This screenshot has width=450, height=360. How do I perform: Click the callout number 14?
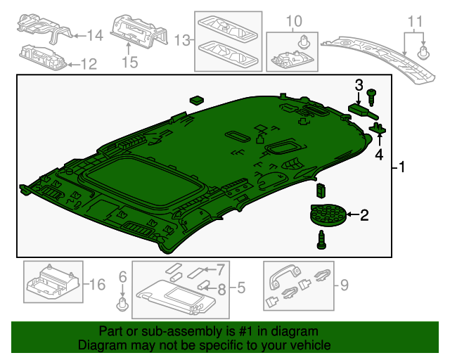(x=95, y=34)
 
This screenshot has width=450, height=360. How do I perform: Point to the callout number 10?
(x=294, y=20)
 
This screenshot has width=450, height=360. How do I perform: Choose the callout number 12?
(x=88, y=65)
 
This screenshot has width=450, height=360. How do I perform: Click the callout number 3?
(x=359, y=85)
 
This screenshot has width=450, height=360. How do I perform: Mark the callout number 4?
(x=380, y=155)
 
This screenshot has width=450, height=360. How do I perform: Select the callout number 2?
(x=364, y=215)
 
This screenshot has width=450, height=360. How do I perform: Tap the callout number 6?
(x=122, y=276)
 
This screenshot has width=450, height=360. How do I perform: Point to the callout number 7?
(x=220, y=269)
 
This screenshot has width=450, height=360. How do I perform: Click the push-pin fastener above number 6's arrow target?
(x=122, y=304)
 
